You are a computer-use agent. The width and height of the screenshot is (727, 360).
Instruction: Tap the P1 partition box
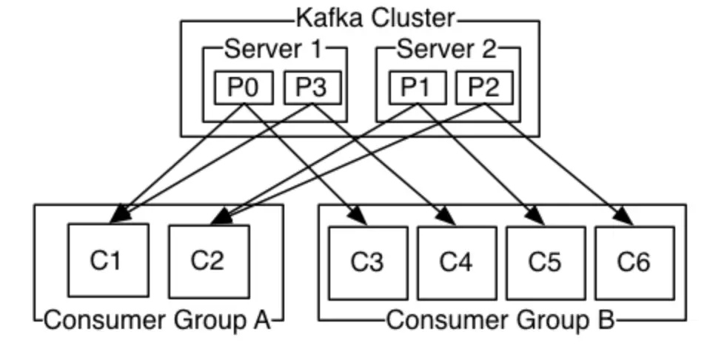pos(418,88)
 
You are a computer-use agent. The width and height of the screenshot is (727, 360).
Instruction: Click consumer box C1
pos(108,261)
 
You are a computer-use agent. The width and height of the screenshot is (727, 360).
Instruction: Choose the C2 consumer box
pos(208,261)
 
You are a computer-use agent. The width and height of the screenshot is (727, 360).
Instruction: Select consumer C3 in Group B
pos(368,262)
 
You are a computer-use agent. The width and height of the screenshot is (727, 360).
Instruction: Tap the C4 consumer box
pos(456,262)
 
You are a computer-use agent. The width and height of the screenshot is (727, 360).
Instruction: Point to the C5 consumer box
pos(545,262)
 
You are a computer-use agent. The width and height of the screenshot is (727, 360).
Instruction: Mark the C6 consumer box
pos(634,262)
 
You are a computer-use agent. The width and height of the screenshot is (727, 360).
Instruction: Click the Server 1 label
pos(273,50)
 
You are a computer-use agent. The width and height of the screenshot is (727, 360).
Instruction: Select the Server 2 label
pos(447,50)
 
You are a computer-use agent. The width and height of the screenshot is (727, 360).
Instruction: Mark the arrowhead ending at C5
pos(536,216)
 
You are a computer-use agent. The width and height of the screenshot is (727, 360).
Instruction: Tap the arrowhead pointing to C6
pos(625,216)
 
